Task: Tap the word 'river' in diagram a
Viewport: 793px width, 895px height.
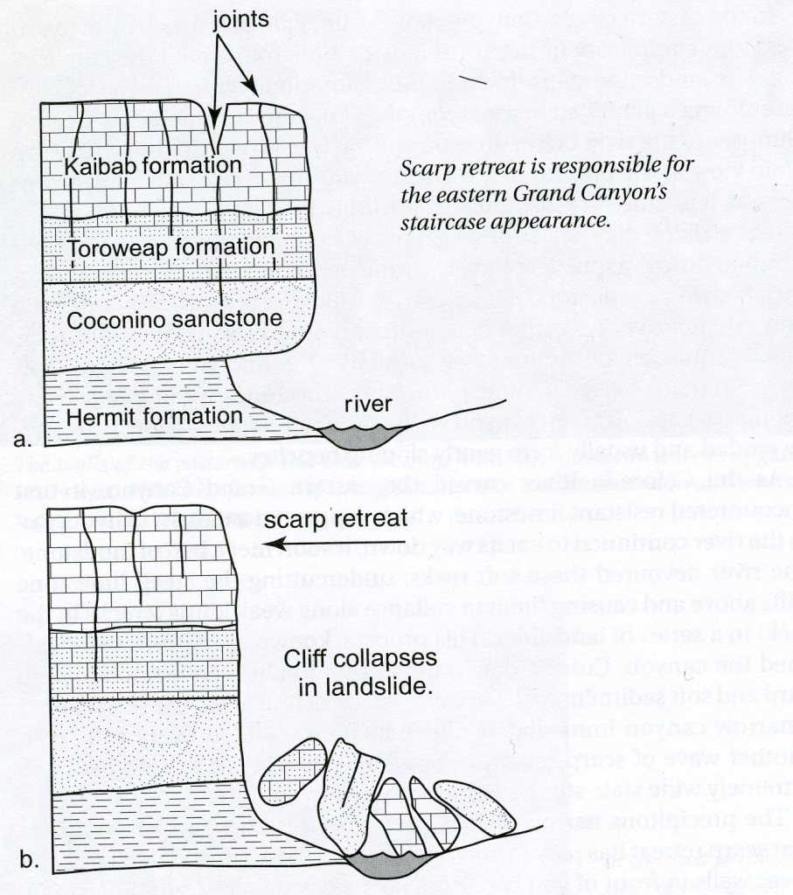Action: coord(368,404)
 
